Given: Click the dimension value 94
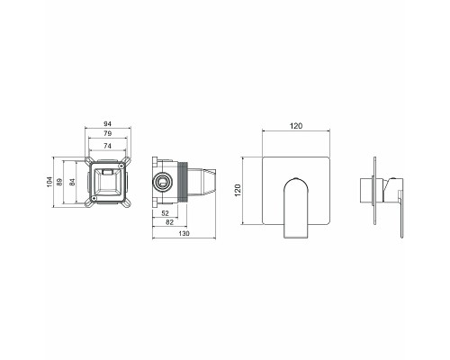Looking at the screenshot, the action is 107,123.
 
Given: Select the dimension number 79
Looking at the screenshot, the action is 107,133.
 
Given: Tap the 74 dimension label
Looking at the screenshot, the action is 107,146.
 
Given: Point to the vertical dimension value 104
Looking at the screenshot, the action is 49,182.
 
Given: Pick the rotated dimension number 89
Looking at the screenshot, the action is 59,182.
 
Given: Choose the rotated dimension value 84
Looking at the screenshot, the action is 72,182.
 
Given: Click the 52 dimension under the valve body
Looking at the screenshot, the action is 166,213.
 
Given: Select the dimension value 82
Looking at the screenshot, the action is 169,222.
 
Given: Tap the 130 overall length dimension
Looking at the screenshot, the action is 184,233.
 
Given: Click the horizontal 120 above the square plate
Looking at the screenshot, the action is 296,126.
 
